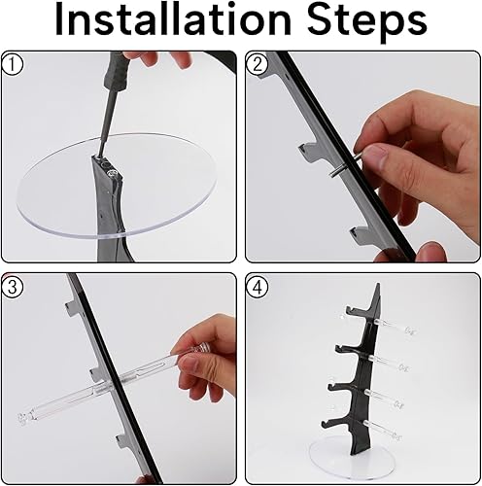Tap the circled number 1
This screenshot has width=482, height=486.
[12, 64]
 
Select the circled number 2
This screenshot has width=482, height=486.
[258, 64]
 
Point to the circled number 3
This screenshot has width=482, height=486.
[12, 287]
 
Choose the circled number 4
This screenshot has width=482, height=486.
[258, 287]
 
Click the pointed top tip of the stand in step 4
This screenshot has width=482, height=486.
[378, 284]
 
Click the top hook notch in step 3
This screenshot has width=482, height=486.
[76, 308]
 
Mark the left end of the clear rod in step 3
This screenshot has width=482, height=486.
[22, 418]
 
